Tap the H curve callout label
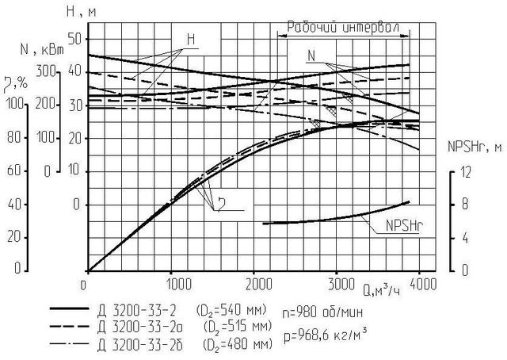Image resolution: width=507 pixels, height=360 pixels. [191, 40]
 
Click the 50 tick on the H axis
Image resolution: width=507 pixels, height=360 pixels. [75, 38]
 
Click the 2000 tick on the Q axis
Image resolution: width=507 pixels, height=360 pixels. [257, 281]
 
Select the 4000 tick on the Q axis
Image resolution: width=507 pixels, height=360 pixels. [425, 281]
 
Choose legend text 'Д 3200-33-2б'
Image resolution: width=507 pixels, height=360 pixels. [139, 343]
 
